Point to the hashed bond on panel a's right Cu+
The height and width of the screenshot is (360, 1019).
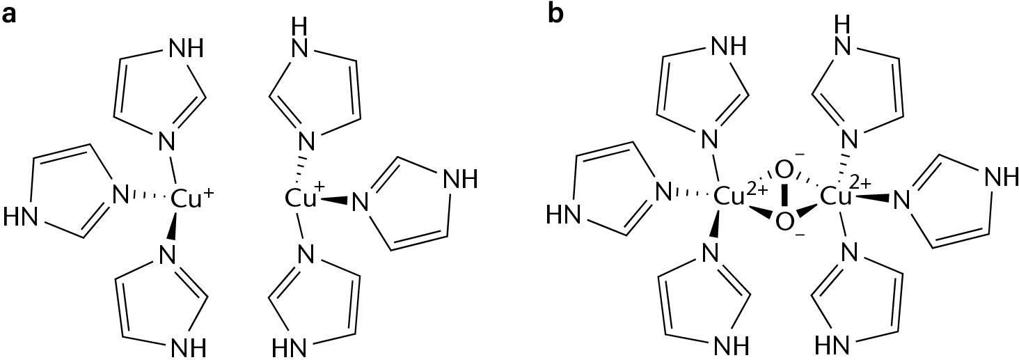coord(301,167)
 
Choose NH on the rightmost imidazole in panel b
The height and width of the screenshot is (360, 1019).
coord(999,179)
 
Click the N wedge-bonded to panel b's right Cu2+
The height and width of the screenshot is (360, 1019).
coord(901,203)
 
